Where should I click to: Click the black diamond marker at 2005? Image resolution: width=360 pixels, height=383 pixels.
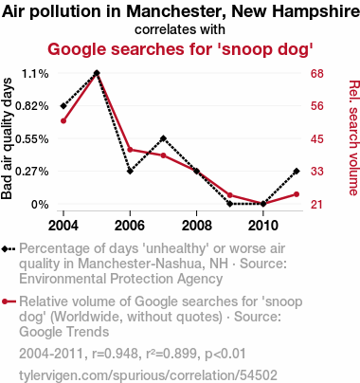(x=97, y=73)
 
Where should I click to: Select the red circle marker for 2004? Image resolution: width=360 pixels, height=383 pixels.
(x=63, y=120)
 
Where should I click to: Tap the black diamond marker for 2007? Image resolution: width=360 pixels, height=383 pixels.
(x=163, y=138)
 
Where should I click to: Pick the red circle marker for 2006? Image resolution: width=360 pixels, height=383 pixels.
(x=130, y=150)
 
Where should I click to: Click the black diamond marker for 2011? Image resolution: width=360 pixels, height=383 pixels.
(x=297, y=171)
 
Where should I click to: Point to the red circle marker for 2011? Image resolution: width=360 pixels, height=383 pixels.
(x=297, y=194)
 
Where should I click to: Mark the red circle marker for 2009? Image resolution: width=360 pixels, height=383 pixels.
(x=230, y=195)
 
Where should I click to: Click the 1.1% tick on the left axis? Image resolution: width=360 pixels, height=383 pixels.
(x=35, y=74)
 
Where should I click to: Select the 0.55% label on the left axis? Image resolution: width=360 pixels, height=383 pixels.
(x=32, y=138)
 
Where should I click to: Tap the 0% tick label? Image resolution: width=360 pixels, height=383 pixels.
(x=40, y=205)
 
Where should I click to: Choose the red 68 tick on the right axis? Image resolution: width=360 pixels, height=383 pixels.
(x=317, y=74)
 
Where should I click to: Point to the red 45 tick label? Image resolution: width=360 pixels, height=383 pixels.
(x=317, y=138)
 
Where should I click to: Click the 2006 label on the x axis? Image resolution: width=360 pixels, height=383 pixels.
(x=130, y=226)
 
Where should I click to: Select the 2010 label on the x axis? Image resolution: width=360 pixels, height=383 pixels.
(x=263, y=226)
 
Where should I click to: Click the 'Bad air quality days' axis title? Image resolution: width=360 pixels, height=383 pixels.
(x=7, y=138)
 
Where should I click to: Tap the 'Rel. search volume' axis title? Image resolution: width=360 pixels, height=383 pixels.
(x=353, y=137)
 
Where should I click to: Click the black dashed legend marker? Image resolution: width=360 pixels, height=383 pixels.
(x=9, y=249)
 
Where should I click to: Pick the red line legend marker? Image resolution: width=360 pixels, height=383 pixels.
(x=9, y=301)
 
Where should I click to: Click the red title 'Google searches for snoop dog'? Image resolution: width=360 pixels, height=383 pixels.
(x=180, y=49)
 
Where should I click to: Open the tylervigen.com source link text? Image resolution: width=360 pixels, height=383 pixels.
(x=148, y=375)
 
